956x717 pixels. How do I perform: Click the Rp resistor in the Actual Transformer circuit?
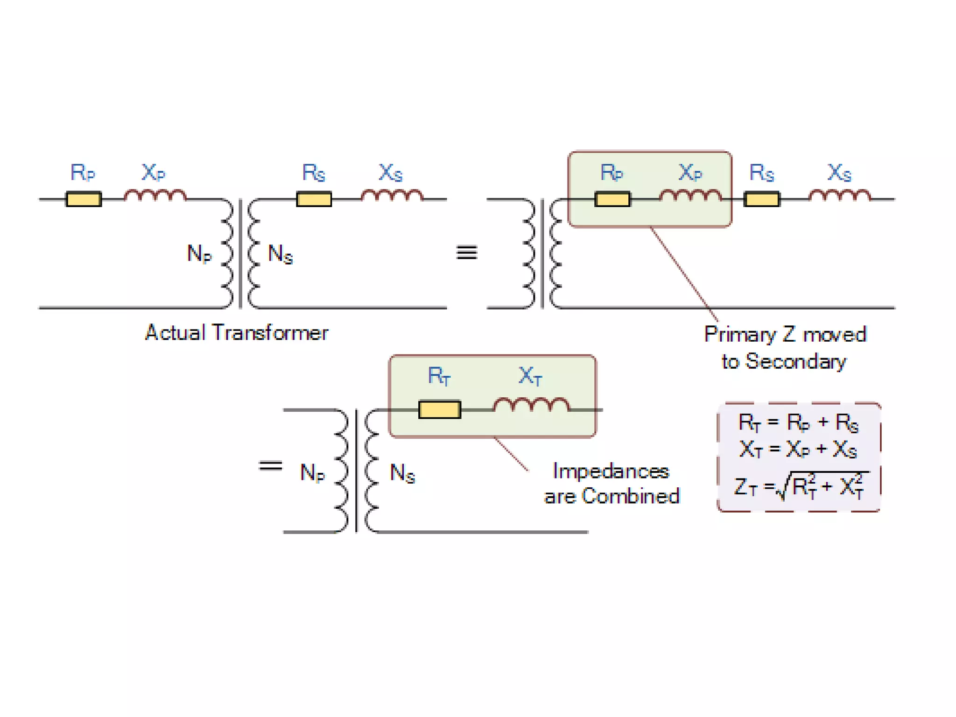pos(84,199)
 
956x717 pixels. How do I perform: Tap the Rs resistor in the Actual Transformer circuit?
pos(314,199)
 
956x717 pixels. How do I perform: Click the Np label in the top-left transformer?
pos(199,254)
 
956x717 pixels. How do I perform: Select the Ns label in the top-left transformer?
pos(280,254)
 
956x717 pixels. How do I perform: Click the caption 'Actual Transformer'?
pos(237,333)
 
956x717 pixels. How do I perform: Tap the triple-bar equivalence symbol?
pos(466,253)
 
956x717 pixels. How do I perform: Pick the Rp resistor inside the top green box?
pos(612,199)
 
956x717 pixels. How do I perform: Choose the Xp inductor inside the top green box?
pos(690,196)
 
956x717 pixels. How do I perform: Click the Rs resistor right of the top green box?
pos(761,199)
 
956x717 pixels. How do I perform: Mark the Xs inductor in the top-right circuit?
pos(839,196)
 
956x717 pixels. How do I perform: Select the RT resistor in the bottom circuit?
pos(439,409)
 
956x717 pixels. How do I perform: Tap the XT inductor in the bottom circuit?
pos(531,405)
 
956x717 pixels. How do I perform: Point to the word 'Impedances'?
pos(611,471)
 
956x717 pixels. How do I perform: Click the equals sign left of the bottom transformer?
pos(270,465)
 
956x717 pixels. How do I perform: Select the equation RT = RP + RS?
pos(798,423)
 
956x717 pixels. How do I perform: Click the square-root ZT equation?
pos(800,487)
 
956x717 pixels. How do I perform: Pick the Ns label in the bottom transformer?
pos(402,473)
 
